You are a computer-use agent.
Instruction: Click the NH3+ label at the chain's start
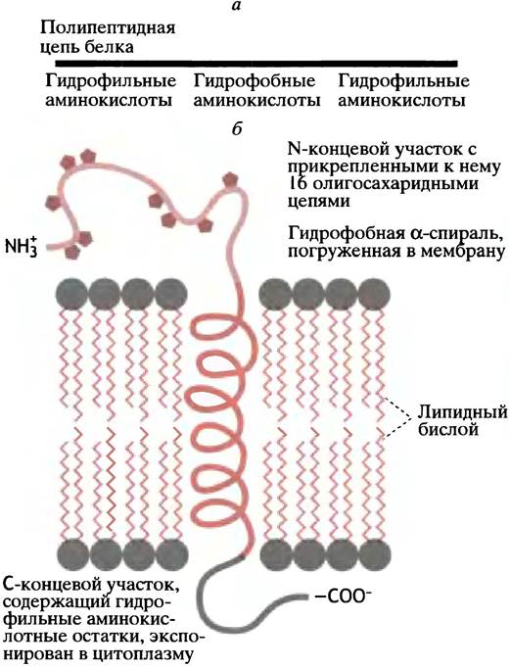(x=23, y=245)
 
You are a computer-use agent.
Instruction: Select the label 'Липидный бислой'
(x=462, y=420)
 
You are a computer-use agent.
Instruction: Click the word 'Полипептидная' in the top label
(x=108, y=28)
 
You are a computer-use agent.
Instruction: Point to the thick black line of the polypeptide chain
(x=256, y=64)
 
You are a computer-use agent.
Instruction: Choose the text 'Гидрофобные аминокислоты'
(x=256, y=91)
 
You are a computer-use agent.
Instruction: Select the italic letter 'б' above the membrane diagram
(x=237, y=128)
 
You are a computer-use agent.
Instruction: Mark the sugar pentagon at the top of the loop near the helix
(x=230, y=180)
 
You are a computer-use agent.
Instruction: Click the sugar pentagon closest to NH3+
(x=72, y=252)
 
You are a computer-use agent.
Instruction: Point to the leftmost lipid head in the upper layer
(x=71, y=294)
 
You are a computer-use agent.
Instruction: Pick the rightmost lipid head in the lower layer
(x=375, y=554)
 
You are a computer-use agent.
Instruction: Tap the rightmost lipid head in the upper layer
(x=375, y=294)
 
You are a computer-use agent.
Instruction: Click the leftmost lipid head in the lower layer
(x=72, y=554)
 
